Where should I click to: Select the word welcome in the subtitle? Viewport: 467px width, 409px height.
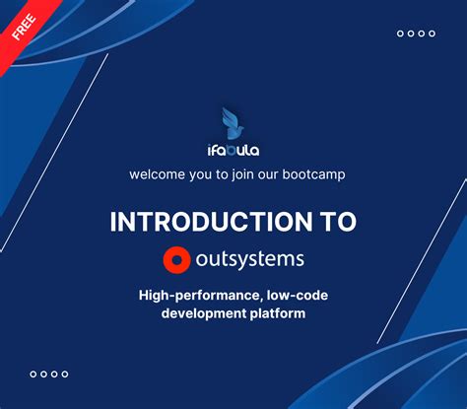pyautogui.click(x=158, y=174)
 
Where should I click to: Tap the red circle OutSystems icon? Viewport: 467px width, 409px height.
pyautogui.click(x=176, y=259)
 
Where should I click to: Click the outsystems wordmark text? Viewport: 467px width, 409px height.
pyautogui.click(x=250, y=259)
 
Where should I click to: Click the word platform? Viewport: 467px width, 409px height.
pyautogui.click(x=277, y=313)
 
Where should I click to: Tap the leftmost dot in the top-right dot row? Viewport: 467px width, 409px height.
pyautogui.click(x=400, y=34)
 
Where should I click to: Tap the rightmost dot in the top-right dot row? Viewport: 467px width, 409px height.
pyautogui.click(x=432, y=34)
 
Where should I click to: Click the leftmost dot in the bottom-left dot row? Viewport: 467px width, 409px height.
pyautogui.click(x=33, y=374)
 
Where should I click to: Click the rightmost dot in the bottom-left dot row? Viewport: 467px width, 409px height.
pyautogui.click(x=65, y=374)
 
